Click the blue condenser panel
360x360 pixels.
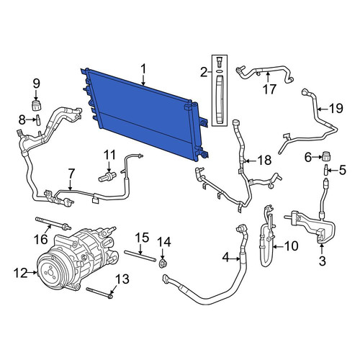pyautogui.click(x=144, y=114)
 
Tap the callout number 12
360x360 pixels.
pyautogui.click(x=20, y=273)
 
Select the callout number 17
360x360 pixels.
pyautogui.click(x=269, y=89)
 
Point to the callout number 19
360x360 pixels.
pyautogui.click(x=336, y=108)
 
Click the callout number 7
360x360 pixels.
pyautogui.click(x=71, y=174)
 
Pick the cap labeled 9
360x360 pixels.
pyautogui.click(x=37, y=106)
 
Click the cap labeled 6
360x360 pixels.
pyautogui.click(x=326, y=156)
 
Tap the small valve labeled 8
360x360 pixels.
pyautogui.click(x=38, y=120)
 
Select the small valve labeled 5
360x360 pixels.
pyautogui.click(x=327, y=170)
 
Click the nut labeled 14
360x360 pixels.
pyautogui.click(x=163, y=264)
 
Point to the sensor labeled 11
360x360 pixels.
pyautogui.click(x=107, y=176)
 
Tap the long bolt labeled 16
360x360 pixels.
pyautogui.click(x=53, y=222)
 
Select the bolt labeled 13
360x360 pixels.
pyautogui.click(x=99, y=293)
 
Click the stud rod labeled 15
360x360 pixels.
pyautogui.click(x=140, y=256)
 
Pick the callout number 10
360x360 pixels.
pyautogui.click(x=291, y=246)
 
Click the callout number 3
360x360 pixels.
pyautogui.click(x=323, y=261)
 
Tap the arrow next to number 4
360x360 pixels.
pyautogui.click(x=232, y=258)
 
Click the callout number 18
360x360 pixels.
pyautogui.click(x=264, y=161)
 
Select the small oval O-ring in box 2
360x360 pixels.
pyautogui.click(x=219, y=71)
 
